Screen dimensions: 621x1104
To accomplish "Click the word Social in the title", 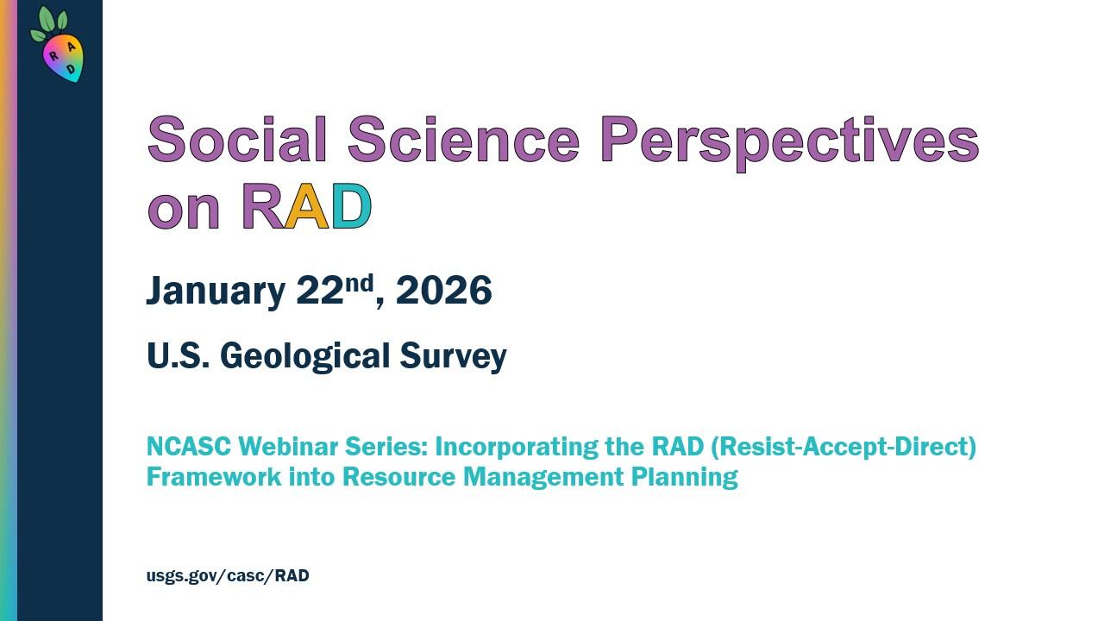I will (x=238, y=140).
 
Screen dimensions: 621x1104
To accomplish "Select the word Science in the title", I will (x=463, y=140).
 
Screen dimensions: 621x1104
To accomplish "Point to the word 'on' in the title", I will (x=184, y=210).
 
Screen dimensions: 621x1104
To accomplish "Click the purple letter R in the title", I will (x=262, y=207).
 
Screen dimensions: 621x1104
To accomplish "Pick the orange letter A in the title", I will (x=307, y=207).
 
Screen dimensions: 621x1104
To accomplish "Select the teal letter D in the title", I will (x=351, y=207).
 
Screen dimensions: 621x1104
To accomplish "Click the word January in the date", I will (x=215, y=292).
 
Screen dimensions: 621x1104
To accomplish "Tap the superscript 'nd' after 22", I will (x=360, y=282).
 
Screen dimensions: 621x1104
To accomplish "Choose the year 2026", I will (x=443, y=291).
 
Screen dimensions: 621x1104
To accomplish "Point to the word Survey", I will (x=453, y=356).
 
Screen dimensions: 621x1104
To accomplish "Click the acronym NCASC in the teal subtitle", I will (x=189, y=447).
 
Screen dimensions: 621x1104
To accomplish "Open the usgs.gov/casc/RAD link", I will (x=228, y=575).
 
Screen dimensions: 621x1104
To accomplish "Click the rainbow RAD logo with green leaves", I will (x=60, y=47).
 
